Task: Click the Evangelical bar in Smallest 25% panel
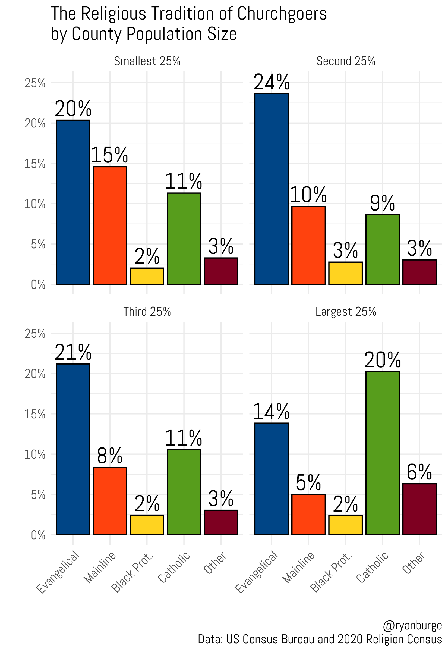click(73, 202)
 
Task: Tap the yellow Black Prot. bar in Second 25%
click(345, 273)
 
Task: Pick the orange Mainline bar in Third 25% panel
click(110, 501)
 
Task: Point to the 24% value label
click(271, 83)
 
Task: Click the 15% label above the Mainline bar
click(110, 155)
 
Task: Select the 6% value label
click(419, 472)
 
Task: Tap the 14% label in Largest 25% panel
click(271, 412)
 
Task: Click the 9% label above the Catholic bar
click(382, 203)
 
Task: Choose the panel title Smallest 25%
click(147, 61)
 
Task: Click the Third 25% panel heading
click(147, 312)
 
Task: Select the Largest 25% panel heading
click(346, 312)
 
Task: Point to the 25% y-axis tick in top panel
click(35, 83)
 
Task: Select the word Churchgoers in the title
click(282, 14)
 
